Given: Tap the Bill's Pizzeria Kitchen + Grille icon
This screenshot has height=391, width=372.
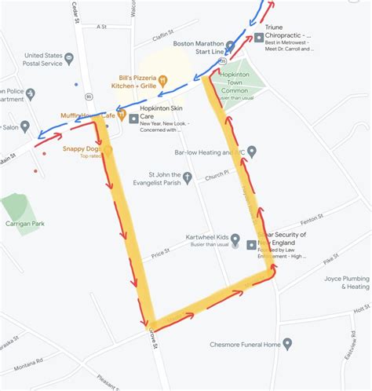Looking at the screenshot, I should click(163, 79).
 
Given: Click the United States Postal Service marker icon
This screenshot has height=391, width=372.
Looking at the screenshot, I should click(69, 57).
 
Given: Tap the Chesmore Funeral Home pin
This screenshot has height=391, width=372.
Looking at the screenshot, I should click(287, 344).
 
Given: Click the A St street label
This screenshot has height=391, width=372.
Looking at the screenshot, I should click(101, 26).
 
